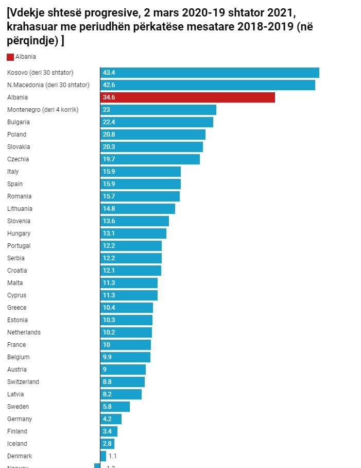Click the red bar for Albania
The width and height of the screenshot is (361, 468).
[187, 97]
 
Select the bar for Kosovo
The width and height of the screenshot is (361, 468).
[210, 73]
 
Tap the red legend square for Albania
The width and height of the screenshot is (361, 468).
[10, 57]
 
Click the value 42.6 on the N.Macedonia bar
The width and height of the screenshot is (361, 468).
[109, 85]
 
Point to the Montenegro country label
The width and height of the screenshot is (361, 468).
[43, 110]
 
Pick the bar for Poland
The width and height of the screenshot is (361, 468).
[153, 135]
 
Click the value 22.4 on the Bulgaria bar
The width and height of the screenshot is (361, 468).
[109, 122]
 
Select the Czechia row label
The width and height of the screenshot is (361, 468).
[18, 159]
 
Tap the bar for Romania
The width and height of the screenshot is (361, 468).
[140, 196]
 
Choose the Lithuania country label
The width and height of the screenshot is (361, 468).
[20, 209]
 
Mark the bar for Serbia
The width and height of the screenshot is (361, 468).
[131, 258]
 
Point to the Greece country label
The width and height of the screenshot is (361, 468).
[16, 308]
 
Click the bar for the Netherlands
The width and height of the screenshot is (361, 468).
[126, 332]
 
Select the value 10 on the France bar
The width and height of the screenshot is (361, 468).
[107, 345]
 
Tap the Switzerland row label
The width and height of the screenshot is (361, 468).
[23, 382]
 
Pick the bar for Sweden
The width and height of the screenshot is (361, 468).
[115, 407]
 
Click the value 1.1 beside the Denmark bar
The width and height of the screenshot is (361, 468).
[113, 456]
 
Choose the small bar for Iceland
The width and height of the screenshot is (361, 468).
[107, 444]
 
